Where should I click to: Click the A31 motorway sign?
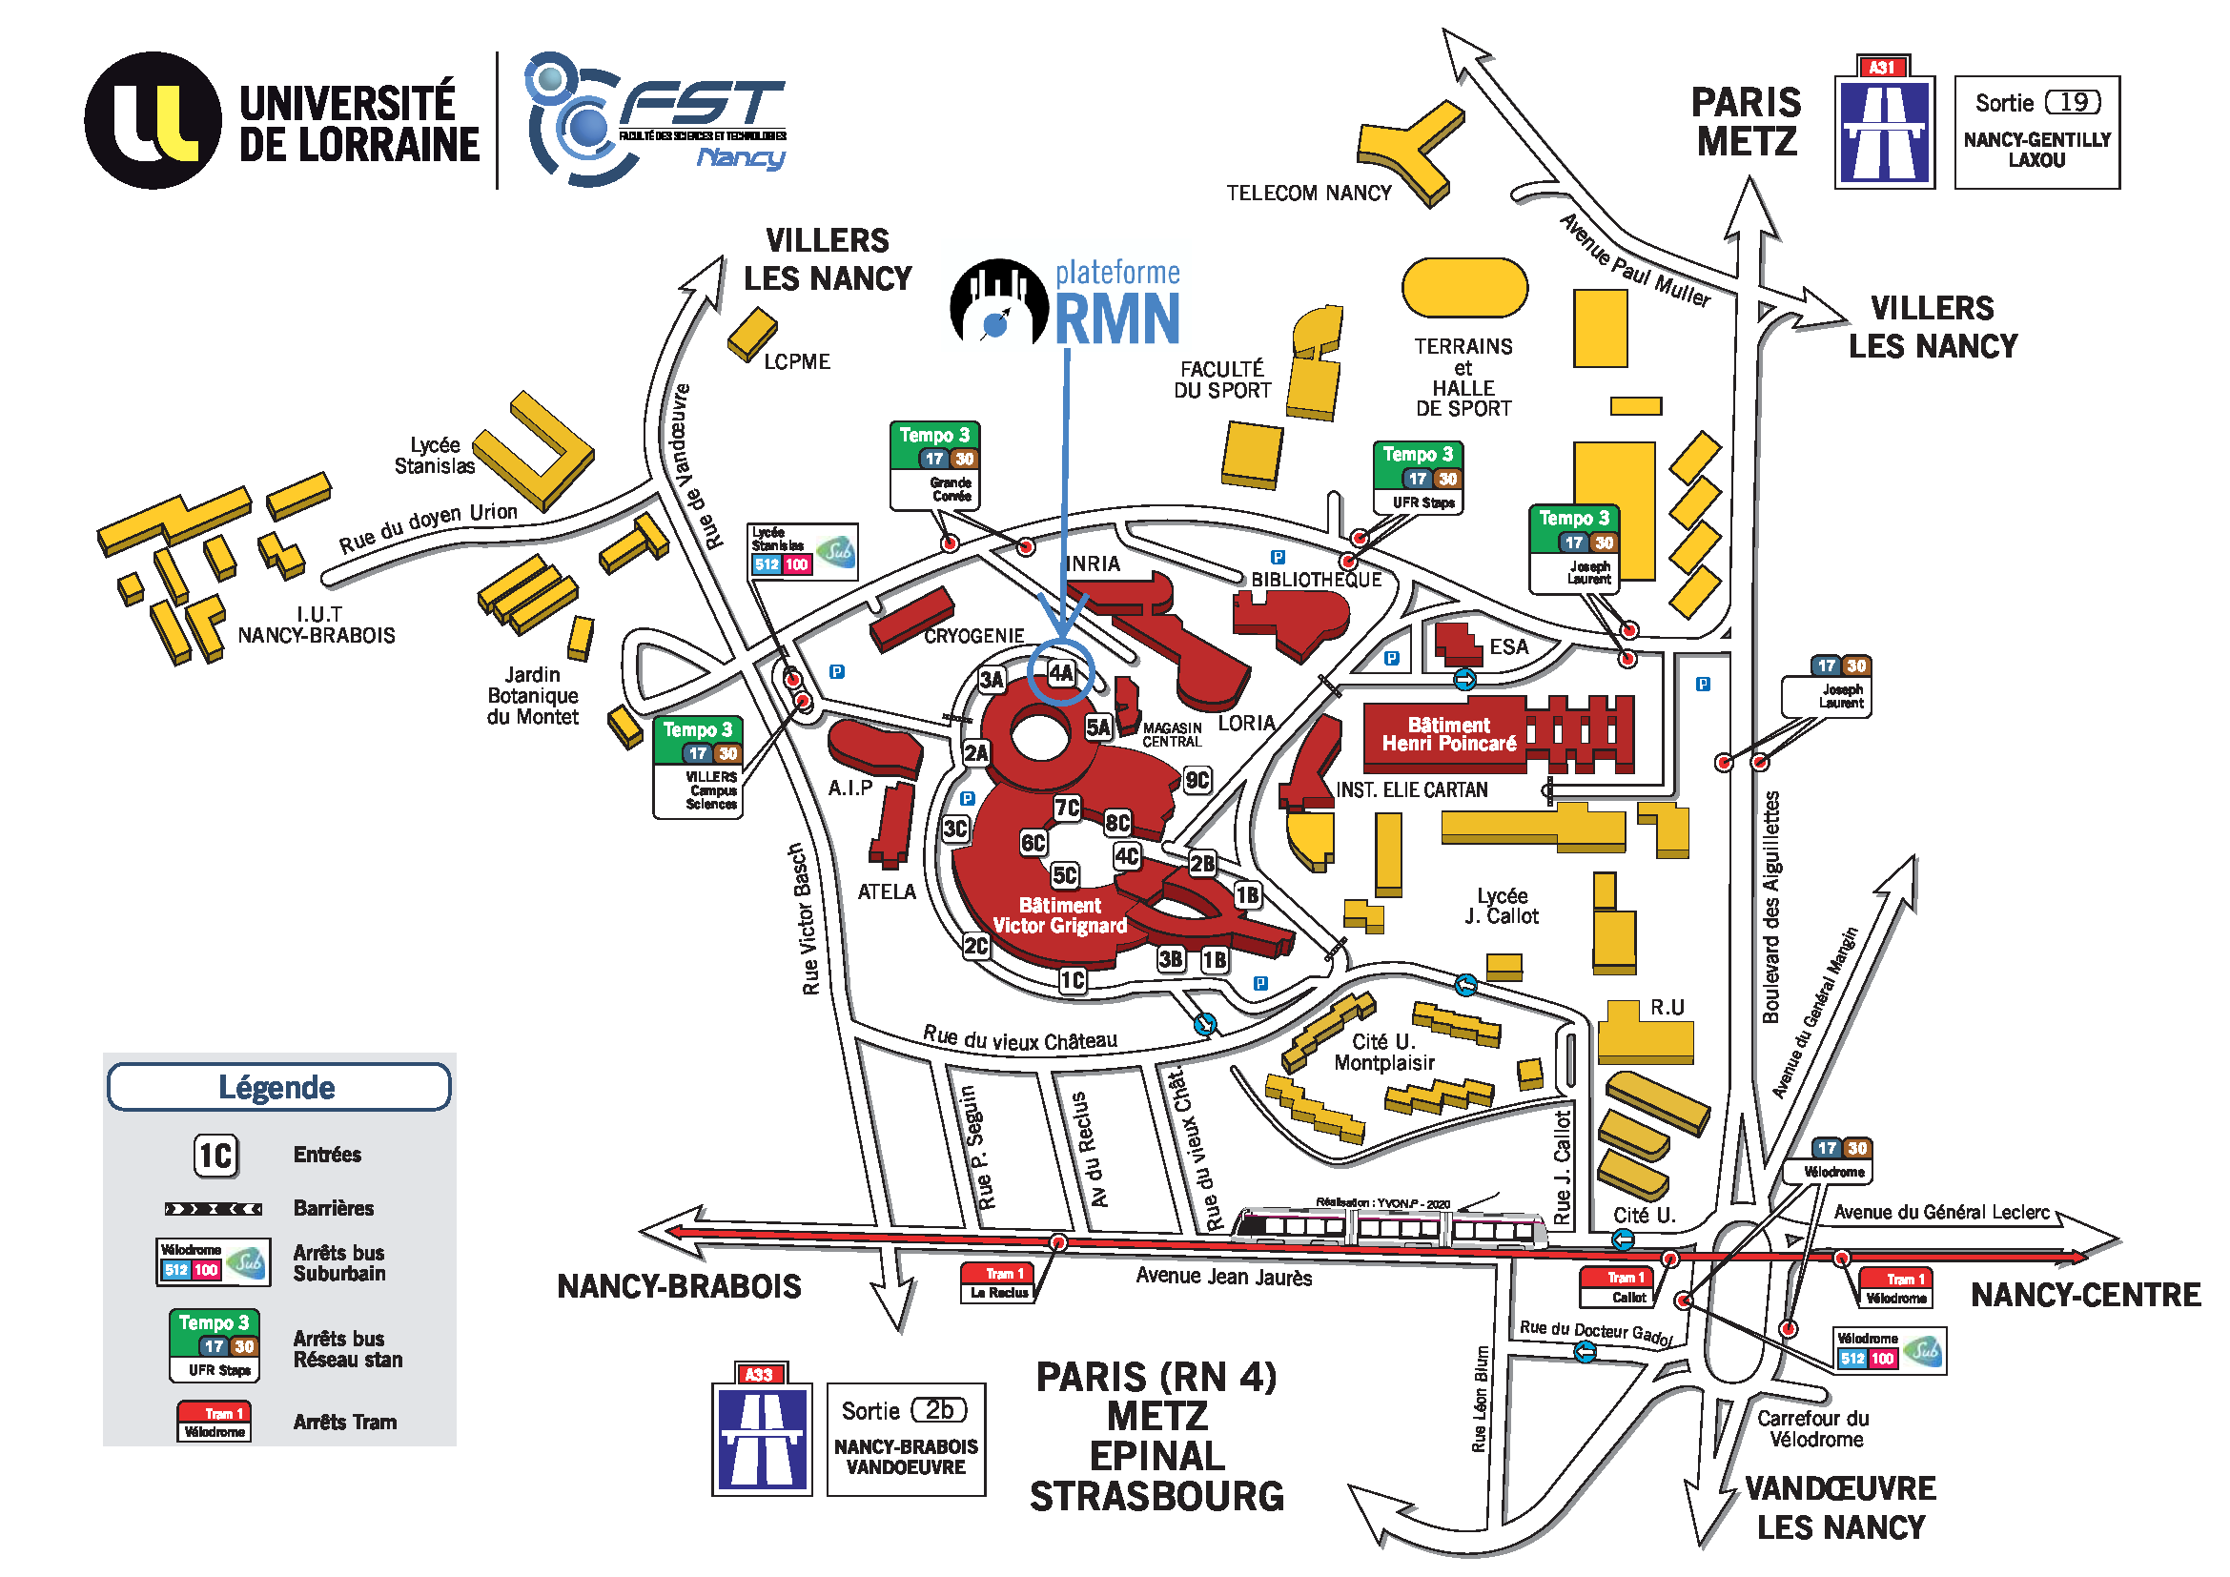pos(1884,122)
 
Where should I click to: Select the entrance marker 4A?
pos(1061,672)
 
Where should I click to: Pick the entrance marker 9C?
pos(1197,780)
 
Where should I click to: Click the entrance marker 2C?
pos(976,946)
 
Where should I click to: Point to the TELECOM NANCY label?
pos(1308,194)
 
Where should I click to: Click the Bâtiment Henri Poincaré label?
pos(1448,735)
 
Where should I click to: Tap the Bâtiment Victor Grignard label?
pos(1059,915)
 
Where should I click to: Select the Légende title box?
pos(278,1087)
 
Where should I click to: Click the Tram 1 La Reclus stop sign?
pos(998,1282)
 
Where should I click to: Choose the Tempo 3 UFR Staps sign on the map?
pos(1418,477)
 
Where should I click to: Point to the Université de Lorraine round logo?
pos(153,120)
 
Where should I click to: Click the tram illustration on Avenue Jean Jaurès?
pos(1389,1227)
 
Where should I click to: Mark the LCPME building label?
pos(796,362)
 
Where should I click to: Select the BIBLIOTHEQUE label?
pos(1315,580)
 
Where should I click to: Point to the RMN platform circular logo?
pos(998,303)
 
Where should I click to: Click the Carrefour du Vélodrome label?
pos(1812,1428)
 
